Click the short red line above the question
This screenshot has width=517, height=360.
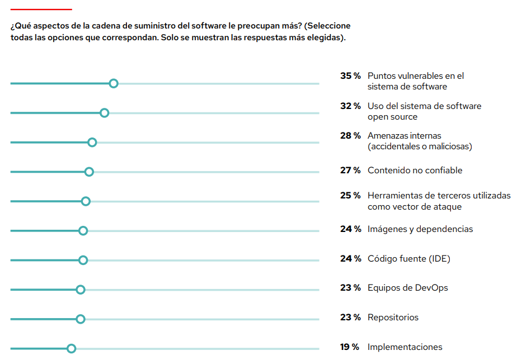(x=41, y=10)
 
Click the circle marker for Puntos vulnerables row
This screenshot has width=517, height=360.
(x=114, y=83)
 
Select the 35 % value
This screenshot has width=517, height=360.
(x=350, y=76)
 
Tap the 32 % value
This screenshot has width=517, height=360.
(x=350, y=106)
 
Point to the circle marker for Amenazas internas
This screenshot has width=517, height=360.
(x=92, y=143)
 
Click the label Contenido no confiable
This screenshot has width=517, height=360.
(x=415, y=170)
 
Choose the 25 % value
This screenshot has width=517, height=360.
(x=350, y=196)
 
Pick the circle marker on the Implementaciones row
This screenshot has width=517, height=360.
(x=71, y=349)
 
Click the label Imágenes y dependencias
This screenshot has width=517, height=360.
(x=420, y=229)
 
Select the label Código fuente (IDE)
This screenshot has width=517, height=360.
(x=408, y=259)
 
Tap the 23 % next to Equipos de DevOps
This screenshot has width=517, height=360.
(x=350, y=288)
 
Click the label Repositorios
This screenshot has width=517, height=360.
(x=393, y=318)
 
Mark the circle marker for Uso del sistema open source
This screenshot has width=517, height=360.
(x=104, y=113)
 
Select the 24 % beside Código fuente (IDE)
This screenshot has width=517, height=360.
(x=350, y=259)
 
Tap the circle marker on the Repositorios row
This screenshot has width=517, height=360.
(x=81, y=319)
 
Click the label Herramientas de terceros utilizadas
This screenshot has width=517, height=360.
(x=439, y=196)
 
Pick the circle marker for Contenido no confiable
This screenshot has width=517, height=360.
(x=89, y=172)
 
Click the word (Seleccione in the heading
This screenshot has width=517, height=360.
(x=327, y=26)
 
